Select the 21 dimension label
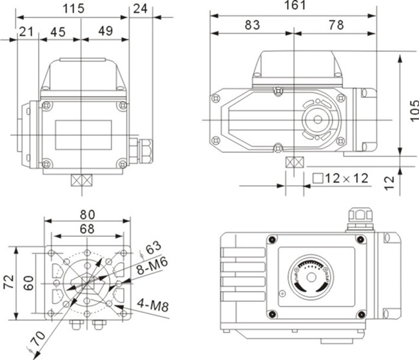coord(26,32)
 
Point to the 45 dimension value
coord(57,32)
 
